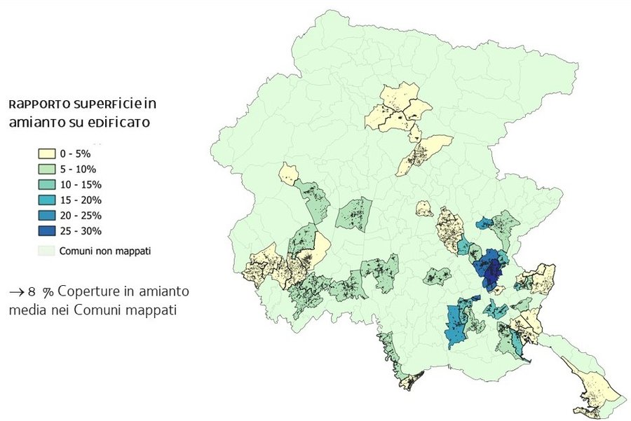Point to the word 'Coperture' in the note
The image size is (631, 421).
87,291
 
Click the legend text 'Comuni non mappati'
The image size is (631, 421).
106,249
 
